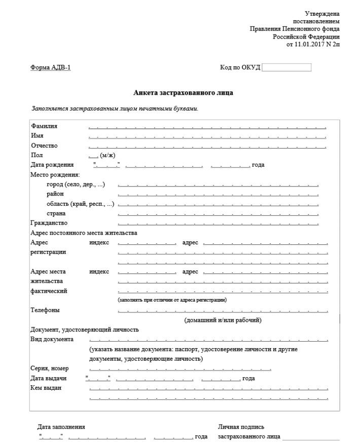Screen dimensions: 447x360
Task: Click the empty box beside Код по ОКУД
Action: click(x=286, y=67)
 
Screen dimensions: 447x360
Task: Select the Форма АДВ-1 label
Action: click(x=51, y=68)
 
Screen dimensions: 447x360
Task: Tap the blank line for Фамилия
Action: click(x=207, y=127)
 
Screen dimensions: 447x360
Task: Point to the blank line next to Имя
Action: click(x=207, y=136)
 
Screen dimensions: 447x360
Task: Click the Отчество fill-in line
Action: click(x=207, y=146)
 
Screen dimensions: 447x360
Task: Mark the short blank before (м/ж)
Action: click(x=93, y=156)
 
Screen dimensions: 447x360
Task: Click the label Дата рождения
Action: click(x=52, y=165)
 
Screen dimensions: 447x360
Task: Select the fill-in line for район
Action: click(x=218, y=195)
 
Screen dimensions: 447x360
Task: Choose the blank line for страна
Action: click(x=218, y=214)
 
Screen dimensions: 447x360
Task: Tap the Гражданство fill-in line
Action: click(x=218, y=223)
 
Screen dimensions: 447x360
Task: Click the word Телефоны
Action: click(x=45, y=310)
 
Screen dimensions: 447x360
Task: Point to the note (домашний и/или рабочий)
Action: click(x=223, y=320)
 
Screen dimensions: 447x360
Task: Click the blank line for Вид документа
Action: click(x=208, y=340)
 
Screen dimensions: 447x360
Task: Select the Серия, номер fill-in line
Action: click(x=180, y=369)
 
